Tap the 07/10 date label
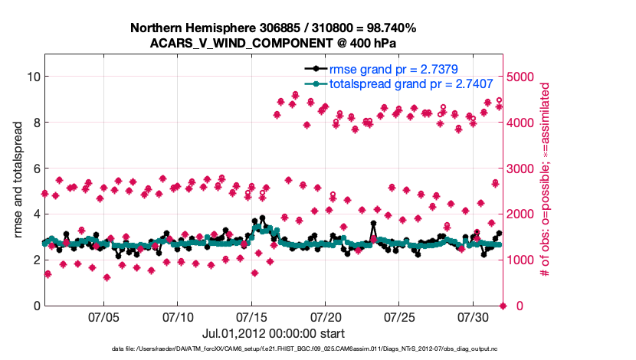point(177,316)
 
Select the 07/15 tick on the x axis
point(251,316)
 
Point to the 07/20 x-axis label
point(325,316)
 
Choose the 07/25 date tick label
point(399,316)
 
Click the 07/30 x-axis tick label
point(473,316)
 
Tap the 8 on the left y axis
point(35,123)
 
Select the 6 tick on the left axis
point(35,169)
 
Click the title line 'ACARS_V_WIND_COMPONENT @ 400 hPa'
point(274,43)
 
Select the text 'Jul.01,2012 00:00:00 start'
point(274,334)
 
